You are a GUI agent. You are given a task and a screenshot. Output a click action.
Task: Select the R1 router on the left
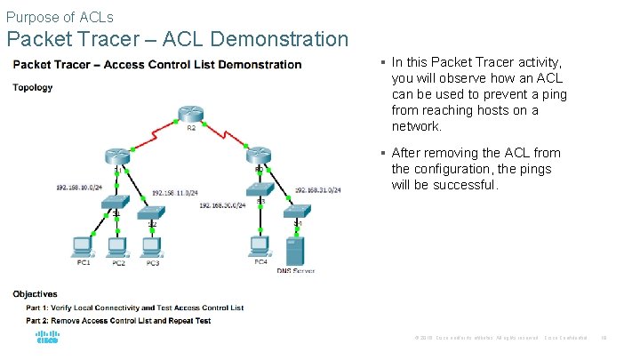click(116, 156)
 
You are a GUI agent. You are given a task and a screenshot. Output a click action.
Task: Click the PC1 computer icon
click(82, 244)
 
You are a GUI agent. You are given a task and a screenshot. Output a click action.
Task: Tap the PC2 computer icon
click(116, 244)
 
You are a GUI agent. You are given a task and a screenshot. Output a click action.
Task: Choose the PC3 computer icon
click(151, 244)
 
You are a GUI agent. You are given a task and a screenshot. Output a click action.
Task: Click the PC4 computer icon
click(260, 244)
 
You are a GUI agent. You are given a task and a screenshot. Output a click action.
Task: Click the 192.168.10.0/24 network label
click(80, 188)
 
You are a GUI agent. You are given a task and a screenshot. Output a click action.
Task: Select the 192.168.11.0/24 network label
click(175, 193)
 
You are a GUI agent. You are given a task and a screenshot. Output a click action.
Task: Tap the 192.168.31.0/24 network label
click(318, 189)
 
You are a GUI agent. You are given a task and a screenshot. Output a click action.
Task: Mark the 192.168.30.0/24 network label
click(222, 205)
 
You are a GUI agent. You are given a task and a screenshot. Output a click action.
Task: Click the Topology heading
click(33, 87)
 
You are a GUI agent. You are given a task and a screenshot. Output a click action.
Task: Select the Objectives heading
click(36, 294)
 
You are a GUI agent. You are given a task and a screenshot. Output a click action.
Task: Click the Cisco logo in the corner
click(47, 339)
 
